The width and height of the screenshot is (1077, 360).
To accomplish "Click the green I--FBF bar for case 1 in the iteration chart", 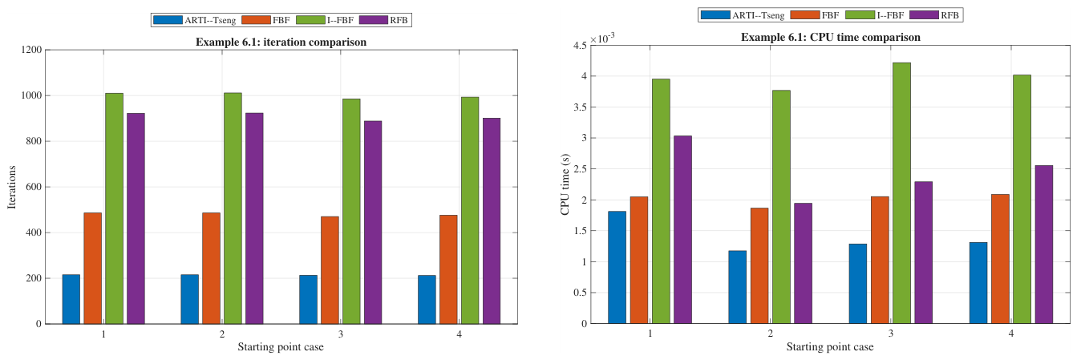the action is [115, 208].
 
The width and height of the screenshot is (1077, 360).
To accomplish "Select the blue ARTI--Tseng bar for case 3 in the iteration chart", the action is [308, 299].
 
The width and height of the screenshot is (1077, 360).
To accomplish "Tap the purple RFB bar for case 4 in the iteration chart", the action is [492, 221].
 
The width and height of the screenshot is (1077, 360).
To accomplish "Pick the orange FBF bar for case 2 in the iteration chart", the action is [211, 269].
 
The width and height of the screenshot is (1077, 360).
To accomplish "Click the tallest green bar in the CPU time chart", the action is [901, 193].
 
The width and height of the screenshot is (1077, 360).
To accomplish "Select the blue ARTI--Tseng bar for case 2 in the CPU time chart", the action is [738, 287].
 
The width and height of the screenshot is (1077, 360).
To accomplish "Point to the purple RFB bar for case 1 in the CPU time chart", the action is [682, 230].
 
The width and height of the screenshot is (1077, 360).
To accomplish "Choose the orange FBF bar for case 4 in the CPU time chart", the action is [1000, 259].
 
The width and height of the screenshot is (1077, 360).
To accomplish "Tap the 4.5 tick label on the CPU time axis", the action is [581, 46].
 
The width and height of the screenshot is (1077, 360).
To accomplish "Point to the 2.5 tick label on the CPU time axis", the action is [581, 169].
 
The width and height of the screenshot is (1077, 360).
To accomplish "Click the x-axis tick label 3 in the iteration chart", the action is [340, 334].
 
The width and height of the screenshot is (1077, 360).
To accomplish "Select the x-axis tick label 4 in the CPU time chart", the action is [1011, 334].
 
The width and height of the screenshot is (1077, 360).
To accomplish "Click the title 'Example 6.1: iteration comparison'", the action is [281, 42].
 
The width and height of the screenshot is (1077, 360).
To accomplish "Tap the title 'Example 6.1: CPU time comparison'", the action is [830, 38].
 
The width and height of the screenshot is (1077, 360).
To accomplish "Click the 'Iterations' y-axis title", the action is [12, 188].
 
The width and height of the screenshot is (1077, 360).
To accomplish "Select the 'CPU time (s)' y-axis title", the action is [565, 185].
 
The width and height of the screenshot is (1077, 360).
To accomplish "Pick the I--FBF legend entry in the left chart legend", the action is [325, 20].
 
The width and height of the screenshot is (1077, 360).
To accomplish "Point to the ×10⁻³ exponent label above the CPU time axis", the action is [602, 38].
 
